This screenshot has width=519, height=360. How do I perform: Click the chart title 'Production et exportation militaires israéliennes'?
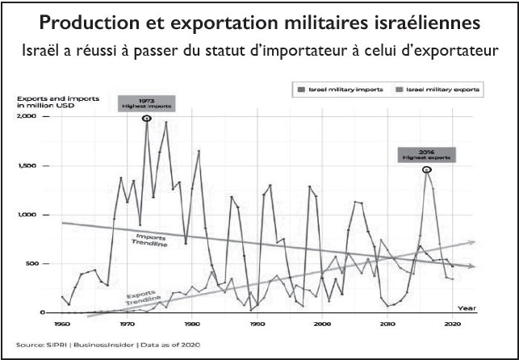[x=259, y=20]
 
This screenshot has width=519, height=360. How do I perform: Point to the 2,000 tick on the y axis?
[x=27, y=117]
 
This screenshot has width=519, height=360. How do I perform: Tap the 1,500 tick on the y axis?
[x=27, y=166]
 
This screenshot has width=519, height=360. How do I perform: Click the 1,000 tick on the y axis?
[x=27, y=215]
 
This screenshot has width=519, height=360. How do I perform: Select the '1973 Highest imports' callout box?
[x=147, y=102]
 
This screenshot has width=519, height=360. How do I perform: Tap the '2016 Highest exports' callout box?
[x=426, y=153]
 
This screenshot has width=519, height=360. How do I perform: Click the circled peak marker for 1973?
[x=147, y=118]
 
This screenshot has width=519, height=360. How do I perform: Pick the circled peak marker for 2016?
[x=426, y=169]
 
